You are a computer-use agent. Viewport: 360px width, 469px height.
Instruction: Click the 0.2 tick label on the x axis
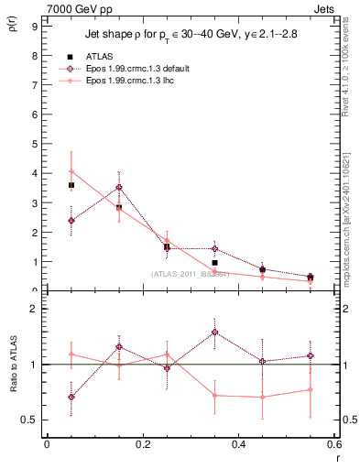click(142, 444)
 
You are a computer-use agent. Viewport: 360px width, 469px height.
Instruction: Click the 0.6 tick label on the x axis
click(334, 444)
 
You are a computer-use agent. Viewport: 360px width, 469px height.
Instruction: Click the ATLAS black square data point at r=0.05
click(71, 185)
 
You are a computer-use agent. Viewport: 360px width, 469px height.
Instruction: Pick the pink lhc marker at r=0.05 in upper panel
click(71, 171)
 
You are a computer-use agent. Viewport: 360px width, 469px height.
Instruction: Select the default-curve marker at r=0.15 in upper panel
click(119, 187)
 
